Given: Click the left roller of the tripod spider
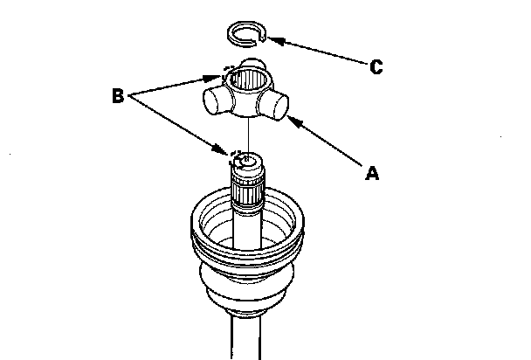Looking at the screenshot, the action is pyautogui.click(x=213, y=100).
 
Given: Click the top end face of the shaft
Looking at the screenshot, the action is pyautogui.click(x=248, y=160).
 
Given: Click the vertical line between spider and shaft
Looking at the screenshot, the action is pyautogui.click(x=248, y=131).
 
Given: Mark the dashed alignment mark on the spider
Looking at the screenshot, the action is pyautogui.click(x=229, y=70).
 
